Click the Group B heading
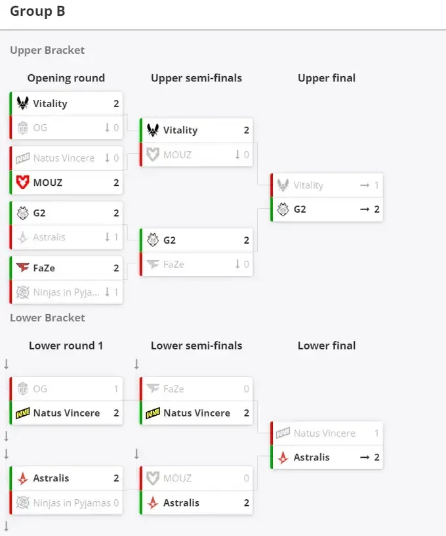[x=37, y=11]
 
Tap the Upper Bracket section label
[x=47, y=50]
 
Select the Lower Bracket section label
[x=47, y=317]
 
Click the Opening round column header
[x=66, y=78]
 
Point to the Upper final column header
[x=327, y=78]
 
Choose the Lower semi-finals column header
[x=197, y=346]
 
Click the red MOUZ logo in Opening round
[x=22, y=182]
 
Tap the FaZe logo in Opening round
[x=22, y=267]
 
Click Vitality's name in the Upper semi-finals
[x=180, y=130]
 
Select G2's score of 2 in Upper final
[x=376, y=209]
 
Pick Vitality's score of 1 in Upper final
[x=376, y=185]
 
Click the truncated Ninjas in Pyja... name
[x=66, y=292]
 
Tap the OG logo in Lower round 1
[x=22, y=388]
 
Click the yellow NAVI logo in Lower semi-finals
[x=153, y=413]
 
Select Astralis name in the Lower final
[x=312, y=457]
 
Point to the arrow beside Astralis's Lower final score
[x=365, y=457]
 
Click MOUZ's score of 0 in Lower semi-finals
[x=247, y=478]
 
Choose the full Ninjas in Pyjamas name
[x=72, y=503]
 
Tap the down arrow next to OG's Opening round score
[x=107, y=127]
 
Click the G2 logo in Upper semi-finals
[x=153, y=240]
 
